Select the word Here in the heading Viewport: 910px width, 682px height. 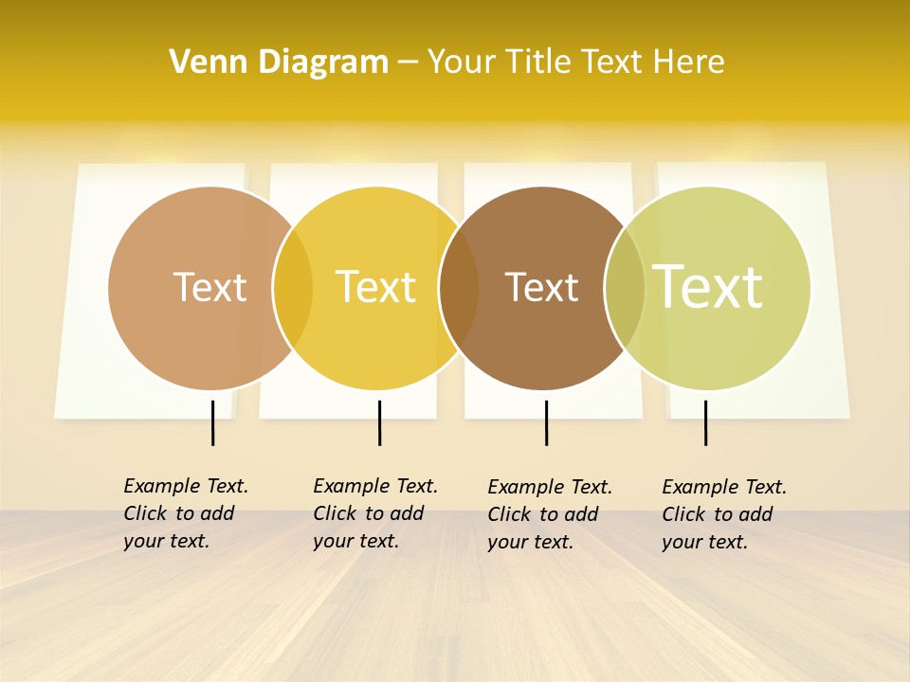click(x=689, y=63)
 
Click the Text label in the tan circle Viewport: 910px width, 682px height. click(x=209, y=287)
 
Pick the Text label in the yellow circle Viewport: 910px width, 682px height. click(x=376, y=287)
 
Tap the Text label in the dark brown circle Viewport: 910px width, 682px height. click(x=541, y=287)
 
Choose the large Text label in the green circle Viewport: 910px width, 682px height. click(x=708, y=287)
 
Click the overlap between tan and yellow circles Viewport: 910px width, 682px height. click(x=293, y=288)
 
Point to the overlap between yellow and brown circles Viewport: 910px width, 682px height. click(x=459, y=288)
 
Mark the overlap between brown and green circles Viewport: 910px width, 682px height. click(x=625, y=288)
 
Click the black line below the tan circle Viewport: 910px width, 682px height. click(x=213, y=422)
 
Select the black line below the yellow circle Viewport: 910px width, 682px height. click(x=379, y=422)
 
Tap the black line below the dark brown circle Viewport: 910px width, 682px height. click(x=546, y=422)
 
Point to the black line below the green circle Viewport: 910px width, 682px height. click(x=705, y=422)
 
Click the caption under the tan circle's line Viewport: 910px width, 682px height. click(x=186, y=513)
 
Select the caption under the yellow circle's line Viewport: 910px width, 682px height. click(x=375, y=513)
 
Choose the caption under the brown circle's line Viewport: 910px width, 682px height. click(x=550, y=514)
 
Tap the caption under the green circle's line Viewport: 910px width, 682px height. click(x=724, y=514)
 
